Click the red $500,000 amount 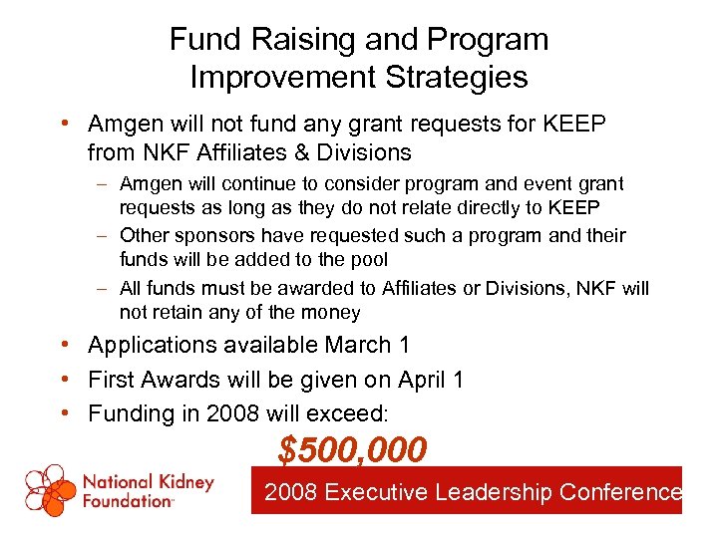coord(352,450)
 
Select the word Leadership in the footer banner coord(496,491)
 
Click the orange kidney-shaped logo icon coord(50,490)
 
